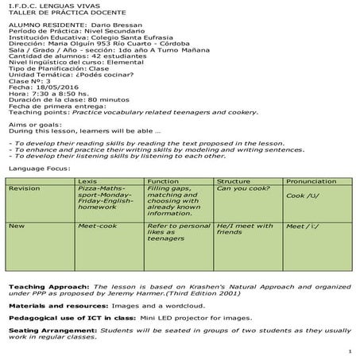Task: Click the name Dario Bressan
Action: pyautogui.click(x=99, y=25)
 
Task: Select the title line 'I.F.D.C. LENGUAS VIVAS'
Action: pyautogui.click(x=44, y=6)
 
